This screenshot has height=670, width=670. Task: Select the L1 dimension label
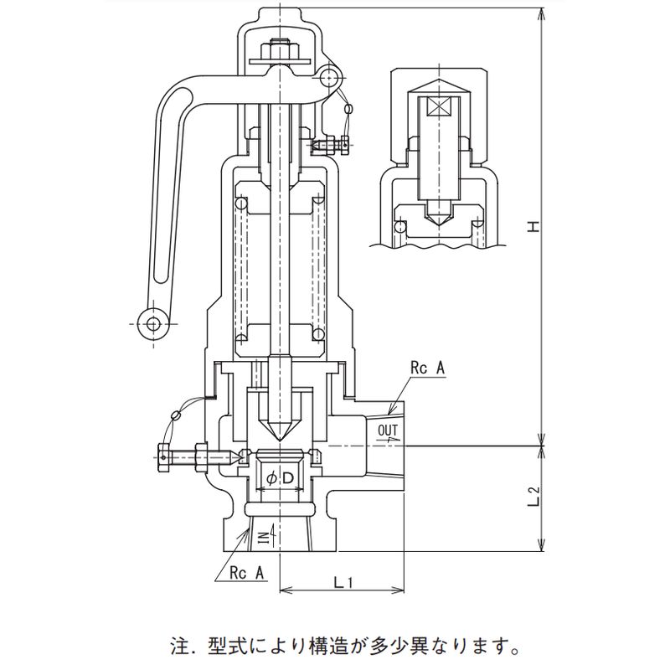tap(342, 580)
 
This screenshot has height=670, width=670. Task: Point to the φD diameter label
tap(278, 478)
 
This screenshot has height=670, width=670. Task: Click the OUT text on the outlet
tap(389, 432)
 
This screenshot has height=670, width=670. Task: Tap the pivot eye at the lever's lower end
tap(152, 322)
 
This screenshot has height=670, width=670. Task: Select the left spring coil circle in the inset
tap(401, 226)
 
